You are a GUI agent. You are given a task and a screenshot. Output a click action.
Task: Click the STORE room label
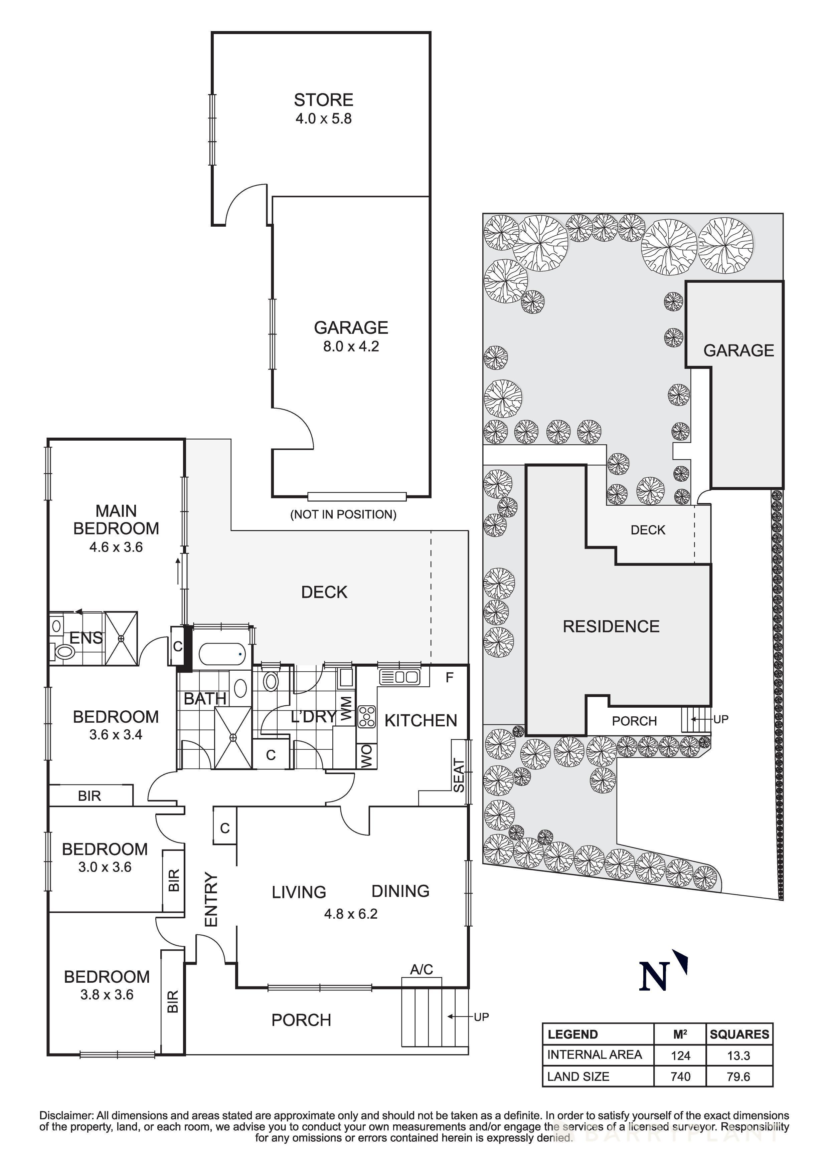pyautogui.click(x=323, y=99)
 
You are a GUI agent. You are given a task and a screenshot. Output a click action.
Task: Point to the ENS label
pyautogui.click(x=86, y=638)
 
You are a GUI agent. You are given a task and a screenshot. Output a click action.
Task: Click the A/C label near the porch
pyautogui.click(x=422, y=969)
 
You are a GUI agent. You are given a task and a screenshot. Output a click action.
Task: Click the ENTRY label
pyautogui.click(x=211, y=899)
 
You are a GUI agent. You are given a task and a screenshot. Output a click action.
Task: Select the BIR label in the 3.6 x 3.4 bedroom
pyautogui.click(x=89, y=795)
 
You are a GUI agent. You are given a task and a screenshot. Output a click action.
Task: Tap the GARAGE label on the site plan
pyautogui.click(x=738, y=350)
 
